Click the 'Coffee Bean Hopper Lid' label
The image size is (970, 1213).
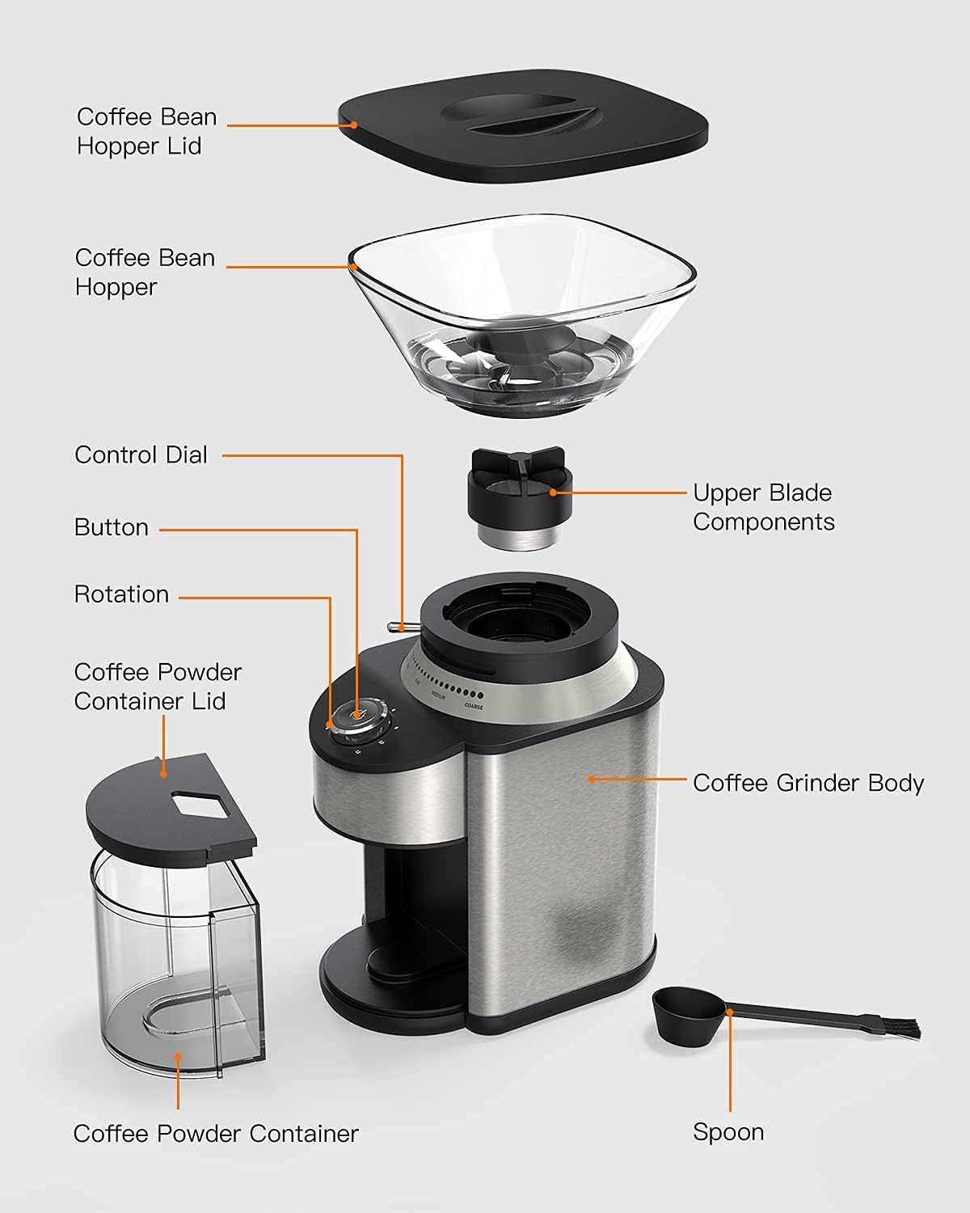click(x=146, y=131)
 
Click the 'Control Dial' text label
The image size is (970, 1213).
click(x=141, y=454)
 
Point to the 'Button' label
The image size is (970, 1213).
click(x=112, y=527)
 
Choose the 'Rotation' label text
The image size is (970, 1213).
click(x=121, y=594)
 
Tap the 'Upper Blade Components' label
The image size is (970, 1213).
click(x=763, y=507)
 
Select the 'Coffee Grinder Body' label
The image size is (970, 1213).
click(x=808, y=783)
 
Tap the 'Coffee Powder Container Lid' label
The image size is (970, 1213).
click(x=158, y=687)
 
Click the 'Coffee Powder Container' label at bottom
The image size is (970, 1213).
click(x=216, y=1134)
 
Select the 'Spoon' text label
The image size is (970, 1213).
click(x=727, y=1132)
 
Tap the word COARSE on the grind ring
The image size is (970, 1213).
click(x=474, y=707)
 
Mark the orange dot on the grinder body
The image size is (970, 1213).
click(x=592, y=779)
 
